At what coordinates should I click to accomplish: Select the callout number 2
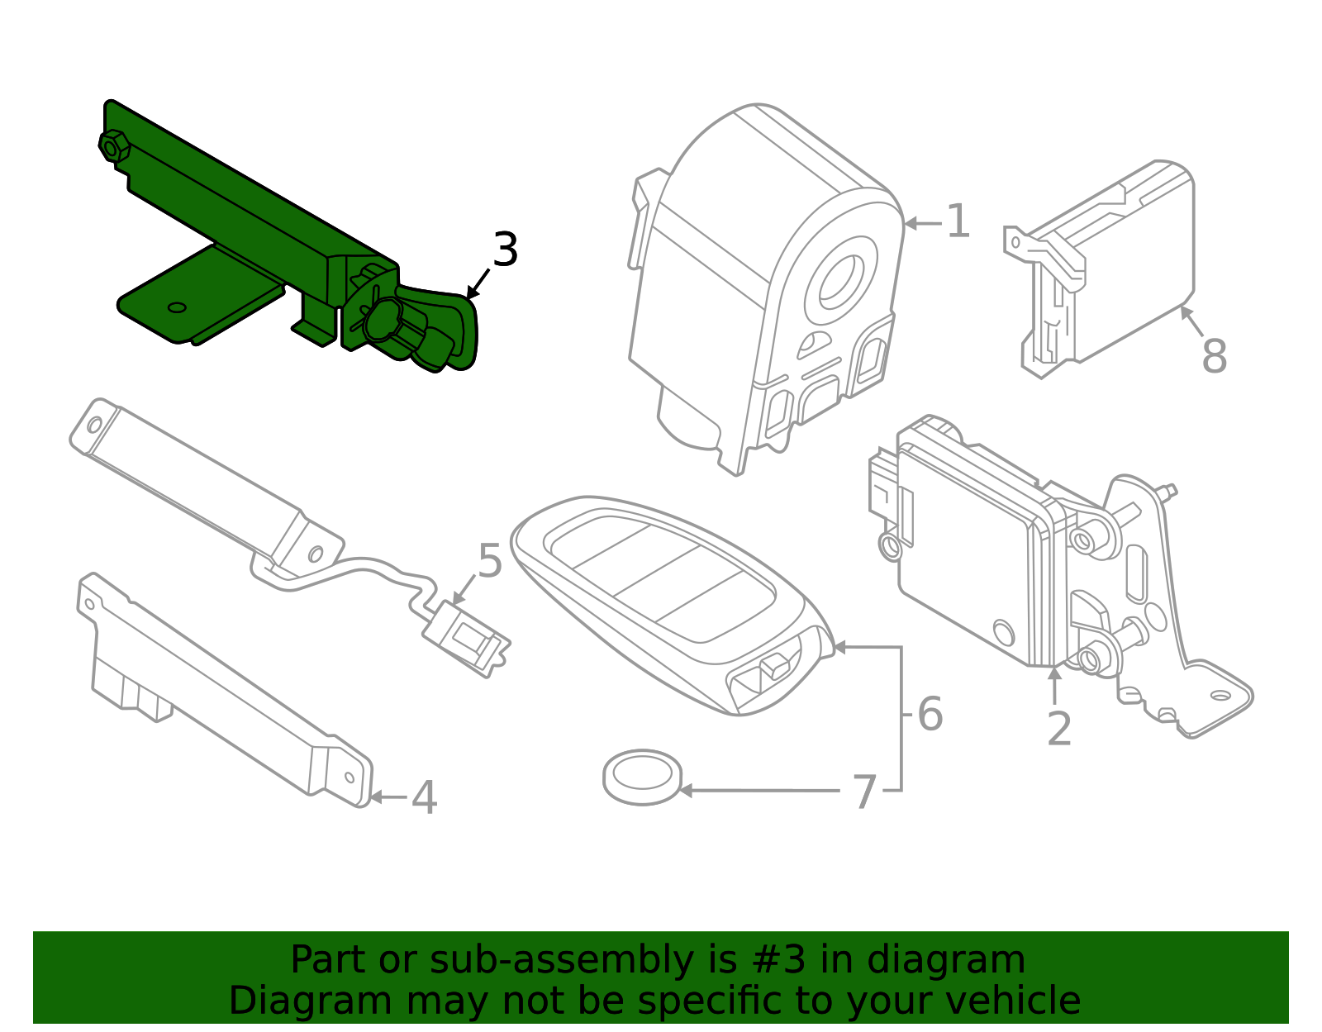click(1058, 729)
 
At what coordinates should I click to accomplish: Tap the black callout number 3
click(505, 250)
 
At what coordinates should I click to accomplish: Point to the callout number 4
click(424, 798)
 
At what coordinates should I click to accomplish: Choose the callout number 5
click(489, 561)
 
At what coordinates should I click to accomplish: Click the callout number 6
click(930, 714)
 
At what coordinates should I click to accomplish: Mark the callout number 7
click(863, 792)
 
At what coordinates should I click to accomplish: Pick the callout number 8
click(1214, 357)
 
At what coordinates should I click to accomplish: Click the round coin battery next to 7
click(642, 777)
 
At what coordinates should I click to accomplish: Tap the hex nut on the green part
click(112, 146)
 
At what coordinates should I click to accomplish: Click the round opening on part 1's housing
click(843, 283)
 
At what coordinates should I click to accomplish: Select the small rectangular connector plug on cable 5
click(467, 635)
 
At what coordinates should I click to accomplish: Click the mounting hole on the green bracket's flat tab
click(177, 308)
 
